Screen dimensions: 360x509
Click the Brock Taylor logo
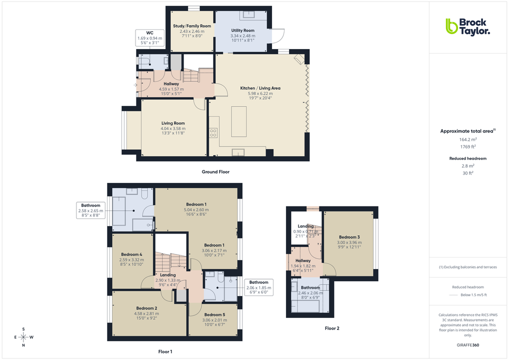pyautogui.click(x=467, y=26)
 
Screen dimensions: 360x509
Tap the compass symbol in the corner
pyautogui.click(x=23, y=337)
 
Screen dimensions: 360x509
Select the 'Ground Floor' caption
pyautogui.click(x=215, y=172)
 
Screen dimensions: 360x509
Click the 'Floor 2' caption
pyautogui.click(x=331, y=328)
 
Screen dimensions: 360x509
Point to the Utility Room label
pyautogui.click(x=242, y=30)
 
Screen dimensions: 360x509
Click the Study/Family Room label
pyautogui.click(x=192, y=26)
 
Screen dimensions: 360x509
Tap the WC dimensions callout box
pyautogui.click(x=149, y=37)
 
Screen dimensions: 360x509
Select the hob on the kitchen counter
pyautogui.click(x=213, y=132)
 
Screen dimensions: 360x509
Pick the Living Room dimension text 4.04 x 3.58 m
pyautogui.click(x=173, y=128)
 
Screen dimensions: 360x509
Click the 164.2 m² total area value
pyautogui.click(x=467, y=139)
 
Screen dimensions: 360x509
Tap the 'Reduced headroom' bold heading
pyautogui.click(x=467, y=158)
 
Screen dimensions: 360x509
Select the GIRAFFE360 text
pyautogui.click(x=467, y=345)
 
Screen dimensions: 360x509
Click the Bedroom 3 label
pyautogui.click(x=349, y=237)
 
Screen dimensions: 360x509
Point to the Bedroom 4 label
pyautogui.click(x=131, y=254)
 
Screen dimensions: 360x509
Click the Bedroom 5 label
pyautogui.click(x=213, y=314)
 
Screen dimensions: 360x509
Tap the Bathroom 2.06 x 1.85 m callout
pyautogui.click(x=258, y=287)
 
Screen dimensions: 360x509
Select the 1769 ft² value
pyautogui.click(x=467, y=147)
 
